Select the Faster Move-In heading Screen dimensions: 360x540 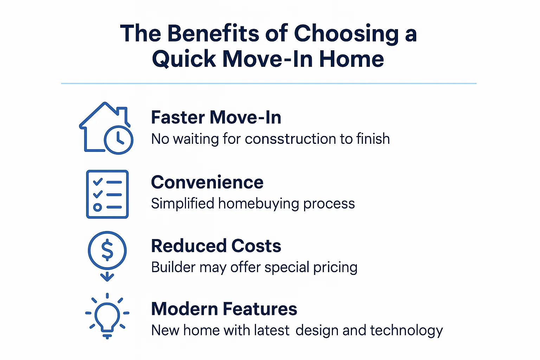click(216, 117)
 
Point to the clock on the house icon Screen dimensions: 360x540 click(119, 140)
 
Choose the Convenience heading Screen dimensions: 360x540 click(207, 182)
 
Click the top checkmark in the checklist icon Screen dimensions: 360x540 click(97, 182)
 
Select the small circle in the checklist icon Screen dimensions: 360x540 click(97, 207)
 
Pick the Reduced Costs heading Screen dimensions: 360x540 click(216, 246)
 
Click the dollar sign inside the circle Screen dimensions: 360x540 click(107, 250)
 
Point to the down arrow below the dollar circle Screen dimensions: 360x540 click(107, 276)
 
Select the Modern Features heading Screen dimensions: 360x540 click(224, 309)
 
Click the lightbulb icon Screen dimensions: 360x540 click(107, 315)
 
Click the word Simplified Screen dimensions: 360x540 click(182, 204)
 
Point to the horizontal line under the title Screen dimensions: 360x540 click(269, 83)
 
